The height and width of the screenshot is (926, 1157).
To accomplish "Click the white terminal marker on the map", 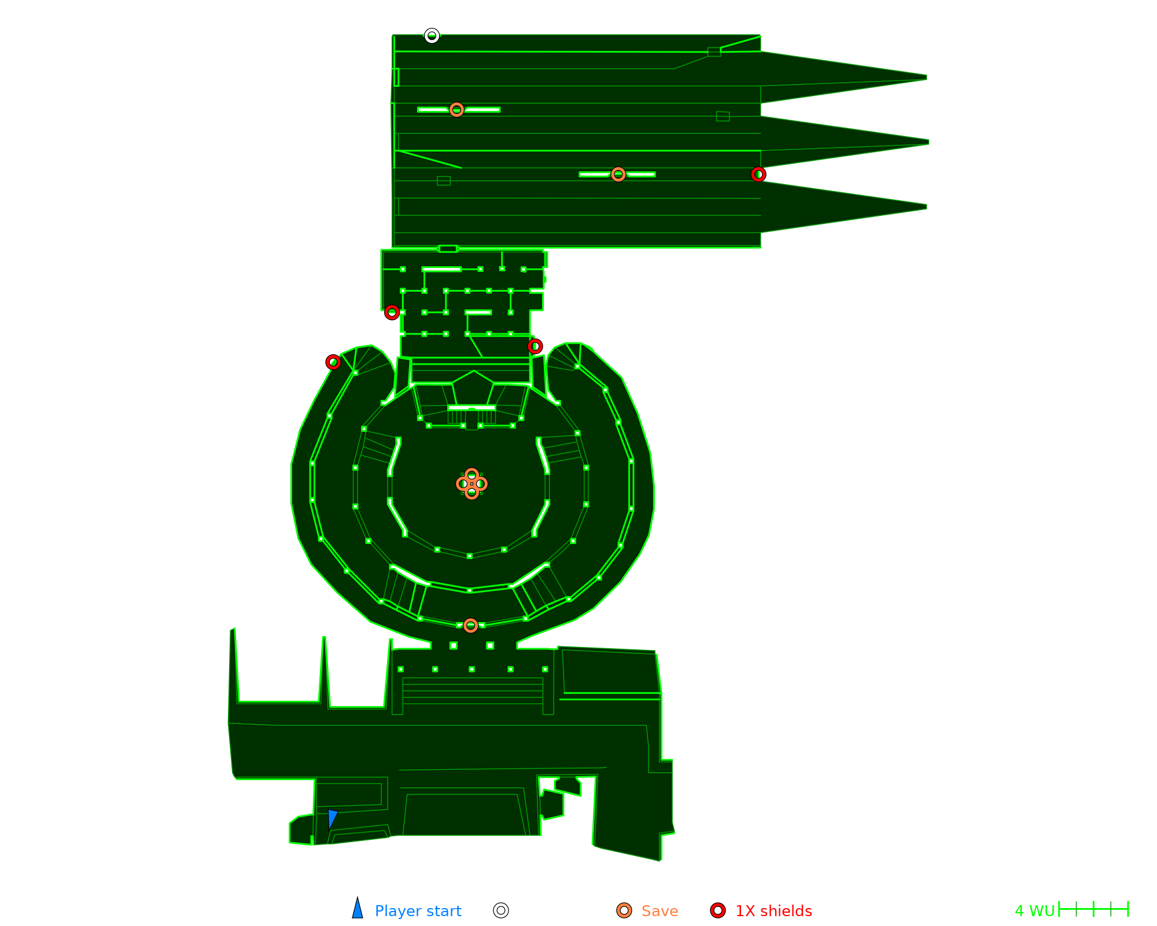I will (x=432, y=36).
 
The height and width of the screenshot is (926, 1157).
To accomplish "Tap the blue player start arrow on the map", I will (x=332, y=818).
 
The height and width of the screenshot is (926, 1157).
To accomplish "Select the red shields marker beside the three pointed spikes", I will (x=758, y=174).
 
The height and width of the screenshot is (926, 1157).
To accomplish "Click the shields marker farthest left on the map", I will (x=333, y=362).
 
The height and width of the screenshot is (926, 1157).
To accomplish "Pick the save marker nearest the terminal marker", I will (x=456, y=109).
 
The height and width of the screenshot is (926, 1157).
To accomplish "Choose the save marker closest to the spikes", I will (x=618, y=174).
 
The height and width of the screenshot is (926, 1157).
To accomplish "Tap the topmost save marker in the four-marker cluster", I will (x=471, y=475).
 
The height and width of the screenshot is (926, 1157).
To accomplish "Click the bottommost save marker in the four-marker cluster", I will (x=471, y=493).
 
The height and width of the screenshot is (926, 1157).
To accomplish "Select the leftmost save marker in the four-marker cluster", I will (x=463, y=484).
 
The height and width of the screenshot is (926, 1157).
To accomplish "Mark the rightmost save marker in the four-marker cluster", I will (x=481, y=484).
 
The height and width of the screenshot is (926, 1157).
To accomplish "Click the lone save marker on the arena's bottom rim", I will (x=470, y=626).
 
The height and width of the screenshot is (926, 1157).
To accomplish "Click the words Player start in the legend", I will (x=418, y=911).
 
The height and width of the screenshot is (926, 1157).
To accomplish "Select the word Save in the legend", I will (x=659, y=911).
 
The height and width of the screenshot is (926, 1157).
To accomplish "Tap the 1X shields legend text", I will (x=773, y=911).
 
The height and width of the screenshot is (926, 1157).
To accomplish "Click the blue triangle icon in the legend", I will (x=358, y=909).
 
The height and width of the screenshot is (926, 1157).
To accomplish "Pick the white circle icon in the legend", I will (x=501, y=910).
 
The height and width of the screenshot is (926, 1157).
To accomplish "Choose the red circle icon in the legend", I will (x=718, y=910).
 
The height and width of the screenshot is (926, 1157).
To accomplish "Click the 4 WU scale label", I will (x=1034, y=911).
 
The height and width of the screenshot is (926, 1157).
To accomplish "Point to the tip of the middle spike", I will (x=928, y=142).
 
